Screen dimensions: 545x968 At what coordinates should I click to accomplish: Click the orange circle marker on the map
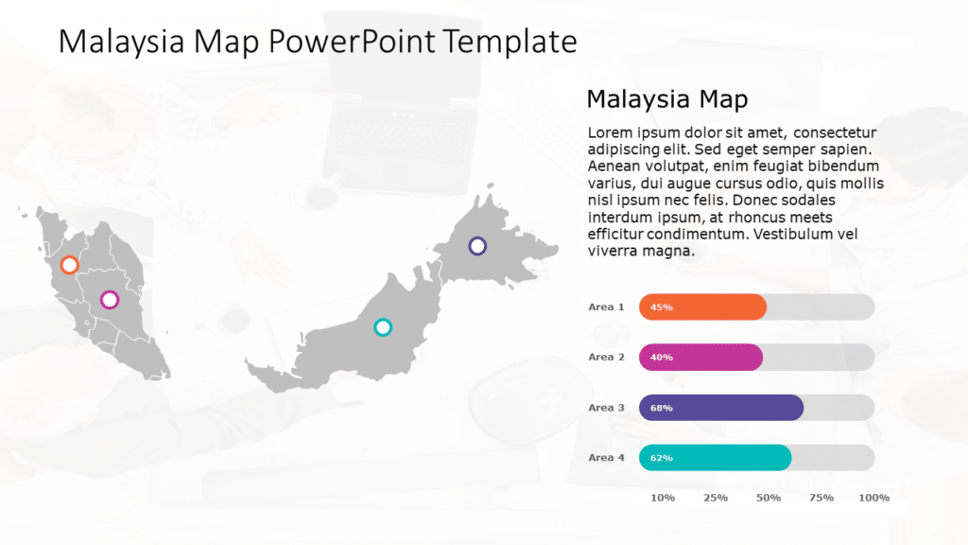pos(69,265)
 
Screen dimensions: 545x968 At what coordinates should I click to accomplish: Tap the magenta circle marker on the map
pos(110,300)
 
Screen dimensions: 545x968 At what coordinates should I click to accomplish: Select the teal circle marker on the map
pos(383,327)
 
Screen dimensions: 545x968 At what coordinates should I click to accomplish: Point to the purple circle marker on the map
pos(477,246)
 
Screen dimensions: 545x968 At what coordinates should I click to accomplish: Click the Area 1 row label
pos(606,307)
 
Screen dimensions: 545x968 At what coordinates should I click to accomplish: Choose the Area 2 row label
pos(606,358)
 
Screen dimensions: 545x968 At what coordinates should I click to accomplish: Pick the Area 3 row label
pos(606,408)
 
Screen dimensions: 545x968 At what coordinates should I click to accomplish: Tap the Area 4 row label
pos(606,458)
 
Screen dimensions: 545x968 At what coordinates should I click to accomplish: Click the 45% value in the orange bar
pos(662,308)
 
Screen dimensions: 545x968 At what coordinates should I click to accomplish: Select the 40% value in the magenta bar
pos(662,358)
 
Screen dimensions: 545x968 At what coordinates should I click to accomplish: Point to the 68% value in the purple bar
pos(662,408)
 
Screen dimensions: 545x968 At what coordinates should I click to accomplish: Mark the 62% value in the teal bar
pos(662,458)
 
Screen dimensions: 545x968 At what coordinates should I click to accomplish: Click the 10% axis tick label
pos(664,498)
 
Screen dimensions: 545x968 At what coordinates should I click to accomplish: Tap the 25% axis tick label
pos(716,498)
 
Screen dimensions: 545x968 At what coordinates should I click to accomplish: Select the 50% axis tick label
pos(769,498)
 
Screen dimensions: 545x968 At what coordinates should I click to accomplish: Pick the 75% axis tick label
pos(821,498)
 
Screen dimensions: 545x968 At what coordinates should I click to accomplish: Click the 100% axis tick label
pos(874,498)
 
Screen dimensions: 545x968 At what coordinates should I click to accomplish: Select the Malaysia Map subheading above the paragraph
pos(667,99)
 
